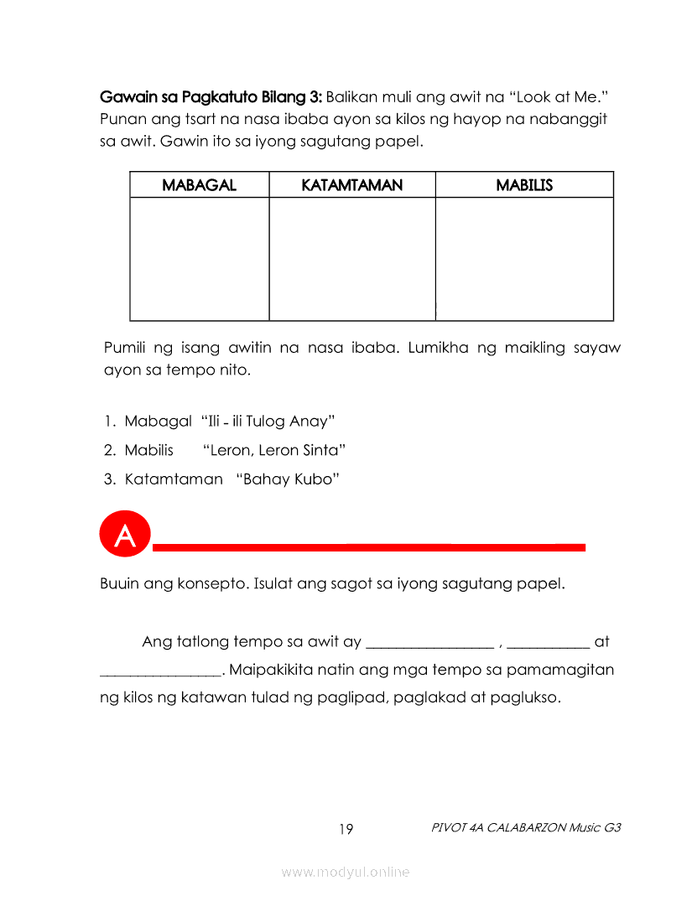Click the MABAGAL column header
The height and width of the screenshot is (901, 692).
point(199,185)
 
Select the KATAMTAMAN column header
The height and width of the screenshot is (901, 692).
point(351,185)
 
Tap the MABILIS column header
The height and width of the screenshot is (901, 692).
point(524,185)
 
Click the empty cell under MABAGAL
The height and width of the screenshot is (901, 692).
point(200,259)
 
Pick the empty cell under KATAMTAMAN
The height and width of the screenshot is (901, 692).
point(352,259)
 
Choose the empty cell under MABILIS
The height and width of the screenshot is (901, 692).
point(524,259)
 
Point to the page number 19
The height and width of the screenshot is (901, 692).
point(346,830)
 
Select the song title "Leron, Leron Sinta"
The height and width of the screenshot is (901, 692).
point(274,450)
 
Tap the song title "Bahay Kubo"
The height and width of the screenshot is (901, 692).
point(288,479)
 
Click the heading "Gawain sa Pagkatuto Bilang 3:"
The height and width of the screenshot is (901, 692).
point(211,95)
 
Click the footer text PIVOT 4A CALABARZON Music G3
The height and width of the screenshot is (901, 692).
point(526,827)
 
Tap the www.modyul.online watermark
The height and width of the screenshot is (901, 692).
point(346,873)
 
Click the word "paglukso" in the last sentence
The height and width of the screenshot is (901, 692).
point(526,697)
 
